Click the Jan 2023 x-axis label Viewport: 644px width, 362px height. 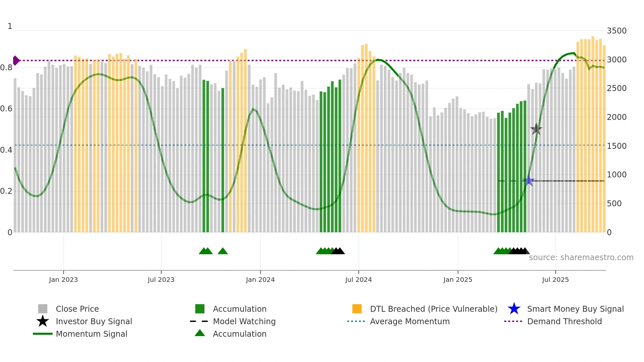(63, 280)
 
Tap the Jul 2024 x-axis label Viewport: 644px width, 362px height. (358, 280)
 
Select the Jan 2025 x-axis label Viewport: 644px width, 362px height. (458, 280)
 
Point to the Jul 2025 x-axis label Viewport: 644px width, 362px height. (555, 280)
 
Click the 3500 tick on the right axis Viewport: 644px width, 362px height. (617, 31)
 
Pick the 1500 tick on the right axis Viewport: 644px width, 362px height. (617, 146)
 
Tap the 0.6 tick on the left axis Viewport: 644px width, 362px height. (6, 109)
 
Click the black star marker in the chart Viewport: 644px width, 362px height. (536, 129)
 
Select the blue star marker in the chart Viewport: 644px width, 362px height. (529, 181)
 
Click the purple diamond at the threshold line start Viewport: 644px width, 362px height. (16, 60)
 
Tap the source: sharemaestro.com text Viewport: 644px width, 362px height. (581, 258)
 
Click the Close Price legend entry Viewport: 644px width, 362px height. (77, 309)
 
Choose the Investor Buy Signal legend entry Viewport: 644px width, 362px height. (94, 321)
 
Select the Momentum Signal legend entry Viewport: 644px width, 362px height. (91, 334)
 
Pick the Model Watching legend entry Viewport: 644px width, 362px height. (244, 321)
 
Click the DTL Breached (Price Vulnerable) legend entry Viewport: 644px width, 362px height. (433, 309)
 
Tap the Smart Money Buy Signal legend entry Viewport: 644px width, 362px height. (575, 309)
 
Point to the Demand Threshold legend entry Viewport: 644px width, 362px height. (564, 321)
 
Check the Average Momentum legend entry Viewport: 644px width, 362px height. (410, 321)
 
